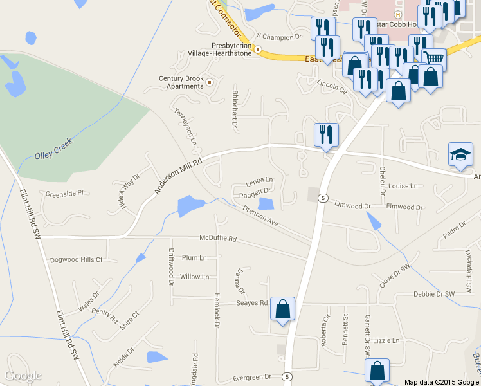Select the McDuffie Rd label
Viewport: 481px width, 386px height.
pyautogui.click(x=217, y=239)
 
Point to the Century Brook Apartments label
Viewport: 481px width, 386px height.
pyautogui.click(x=181, y=82)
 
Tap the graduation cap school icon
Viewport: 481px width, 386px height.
pyautogui.click(x=460, y=155)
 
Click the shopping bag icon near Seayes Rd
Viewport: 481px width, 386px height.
pyautogui.click(x=283, y=309)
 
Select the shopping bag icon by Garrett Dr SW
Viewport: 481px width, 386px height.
pyautogui.click(x=377, y=371)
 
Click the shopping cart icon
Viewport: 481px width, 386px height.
pyautogui.click(x=435, y=59)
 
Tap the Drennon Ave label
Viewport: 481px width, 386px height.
pyautogui.click(x=260, y=216)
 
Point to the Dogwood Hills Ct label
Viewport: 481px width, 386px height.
pyautogui.click(x=76, y=260)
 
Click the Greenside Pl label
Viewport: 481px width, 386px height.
pyautogui.click(x=64, y=193)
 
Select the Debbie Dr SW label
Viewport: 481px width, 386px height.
pyautogui.click(x=434, y=294)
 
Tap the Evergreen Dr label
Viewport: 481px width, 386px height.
pyautogui.click(x=253, y=376)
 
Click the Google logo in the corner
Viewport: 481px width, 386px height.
pyautogui.click(x=23, y=376)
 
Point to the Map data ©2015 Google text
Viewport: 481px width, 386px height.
pyautogui.click(x=442, y=382)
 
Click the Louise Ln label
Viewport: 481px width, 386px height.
pyautogui.click(x=403, y=186)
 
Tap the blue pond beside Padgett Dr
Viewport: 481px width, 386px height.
pyautogui.click(x=266, y=204)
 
